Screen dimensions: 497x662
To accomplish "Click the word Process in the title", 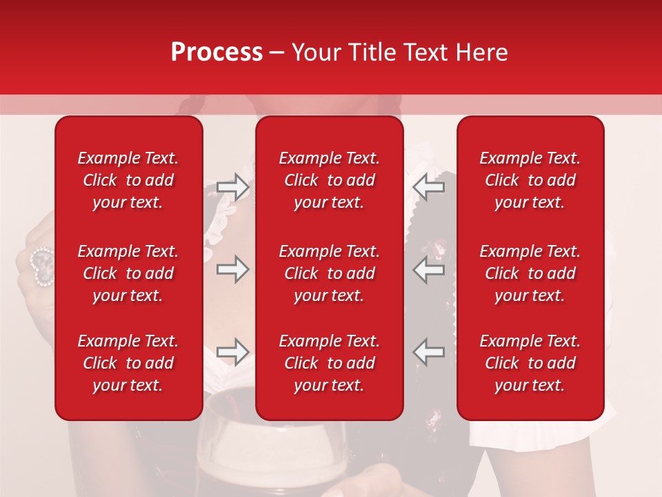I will (217, 52).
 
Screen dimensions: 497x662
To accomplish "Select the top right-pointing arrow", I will (233, 187).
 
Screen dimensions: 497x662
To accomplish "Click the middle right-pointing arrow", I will (233, 269).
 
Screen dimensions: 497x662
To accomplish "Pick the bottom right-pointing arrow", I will (233, 352).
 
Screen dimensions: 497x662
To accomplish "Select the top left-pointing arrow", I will (429, 187).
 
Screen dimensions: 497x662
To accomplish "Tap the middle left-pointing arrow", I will (429, 269).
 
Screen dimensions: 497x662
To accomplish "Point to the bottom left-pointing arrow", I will (429, 352).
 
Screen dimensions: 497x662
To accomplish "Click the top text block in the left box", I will (128, 180).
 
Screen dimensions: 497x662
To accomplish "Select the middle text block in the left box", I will (128, 273).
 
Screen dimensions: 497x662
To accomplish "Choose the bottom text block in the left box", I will (128, 363).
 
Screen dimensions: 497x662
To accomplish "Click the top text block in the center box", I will (330, 180).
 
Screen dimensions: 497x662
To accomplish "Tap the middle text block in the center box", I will (330, 273).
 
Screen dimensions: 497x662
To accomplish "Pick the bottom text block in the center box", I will (330, 363).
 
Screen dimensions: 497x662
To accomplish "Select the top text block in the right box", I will (530, 180).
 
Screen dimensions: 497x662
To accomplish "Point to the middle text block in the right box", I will (530, 273).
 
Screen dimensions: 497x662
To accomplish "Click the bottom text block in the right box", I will (530, 363).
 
